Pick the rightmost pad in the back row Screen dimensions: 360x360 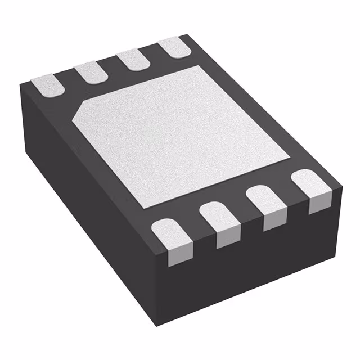coord(173,49)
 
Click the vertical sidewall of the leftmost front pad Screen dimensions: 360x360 coord(176,256)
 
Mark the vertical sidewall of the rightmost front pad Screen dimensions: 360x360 coord(317,205)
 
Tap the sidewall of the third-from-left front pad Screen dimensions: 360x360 coord(272,220)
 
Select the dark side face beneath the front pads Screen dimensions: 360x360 coord(253,264)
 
